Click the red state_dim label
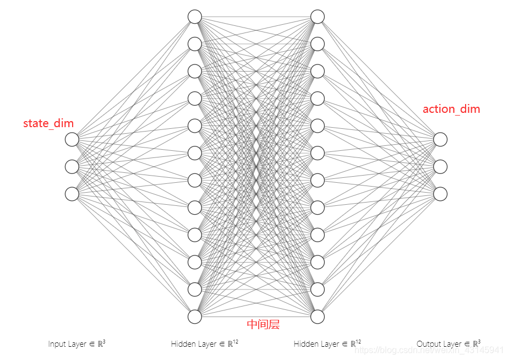click(x=48, y=123)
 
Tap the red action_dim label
click(x=451, y=109)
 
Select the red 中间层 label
click(x=263, y=324)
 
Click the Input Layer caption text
click(x=77, y=344)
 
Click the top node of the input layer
click(x=72, y=139)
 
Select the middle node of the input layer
click(x=72, y=166)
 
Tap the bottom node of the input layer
click(x=72, y=194)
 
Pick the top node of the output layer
click(x=440, y=139)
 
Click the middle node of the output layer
click(x=440, y=166)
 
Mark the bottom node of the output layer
click(x=440, y=194)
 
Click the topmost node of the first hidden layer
click(x=195, y=17)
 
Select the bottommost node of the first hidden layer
click(x=195, y=317)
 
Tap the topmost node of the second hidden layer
click(x=318, y=17)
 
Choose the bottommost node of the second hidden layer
click(x=318, y=317)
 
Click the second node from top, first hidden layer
click(x=195, y=43)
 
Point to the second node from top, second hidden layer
click(x=318, y=43)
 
